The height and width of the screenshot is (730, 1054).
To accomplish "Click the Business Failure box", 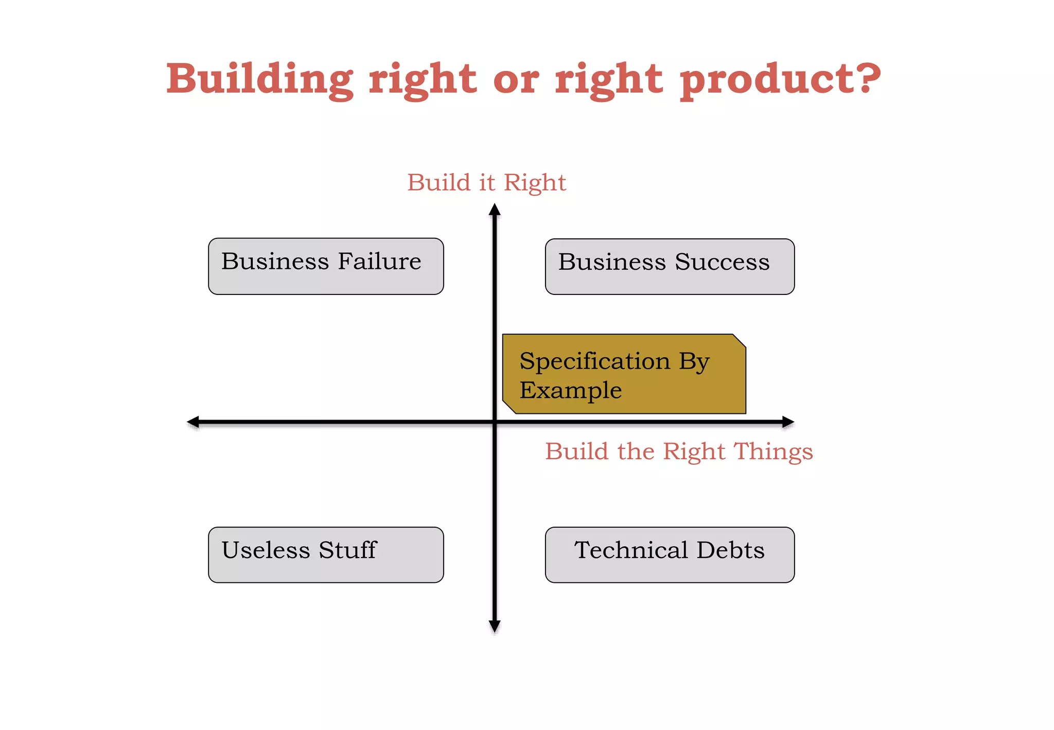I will pos(326,266).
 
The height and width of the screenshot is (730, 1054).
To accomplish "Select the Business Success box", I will pos(670,267).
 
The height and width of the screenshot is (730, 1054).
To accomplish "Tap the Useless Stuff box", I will pos(326,555).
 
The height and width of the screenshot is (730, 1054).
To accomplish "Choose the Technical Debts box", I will pos(670,555).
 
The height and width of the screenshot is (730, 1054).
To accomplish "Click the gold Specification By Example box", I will pos(624,374).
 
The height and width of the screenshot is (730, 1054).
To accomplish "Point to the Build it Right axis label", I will pos(486,183).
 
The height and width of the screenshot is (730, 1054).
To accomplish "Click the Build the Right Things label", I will pos(679,451).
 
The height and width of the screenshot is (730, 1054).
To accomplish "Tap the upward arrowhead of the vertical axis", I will pos(495,210).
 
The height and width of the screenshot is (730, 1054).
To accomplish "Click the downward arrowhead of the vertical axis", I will pos(495,626).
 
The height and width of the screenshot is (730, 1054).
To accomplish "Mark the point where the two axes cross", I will pos(495,422).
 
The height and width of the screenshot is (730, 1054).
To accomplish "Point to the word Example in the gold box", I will pos(570,390).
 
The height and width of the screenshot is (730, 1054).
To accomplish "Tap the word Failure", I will pos(379,262).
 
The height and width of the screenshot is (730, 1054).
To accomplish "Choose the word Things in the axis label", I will pos(773,451).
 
